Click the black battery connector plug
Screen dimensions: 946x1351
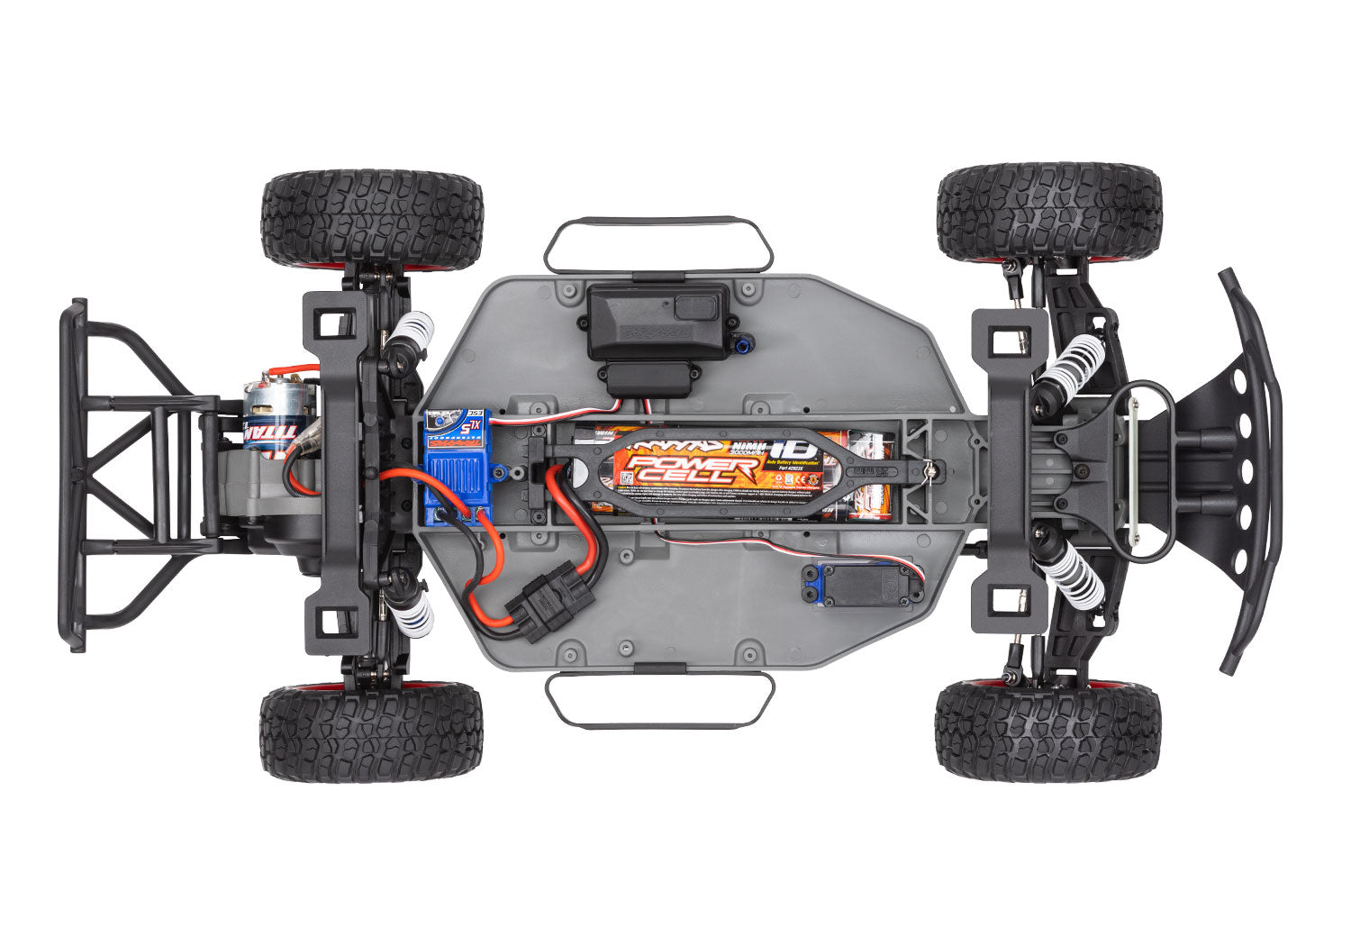point(549,605)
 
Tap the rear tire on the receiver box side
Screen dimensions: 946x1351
point(371,218)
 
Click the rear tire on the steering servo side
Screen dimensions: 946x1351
point(371,732)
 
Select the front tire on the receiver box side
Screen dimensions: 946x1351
point(1049,212)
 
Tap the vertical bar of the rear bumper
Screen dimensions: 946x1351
point(72,473)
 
